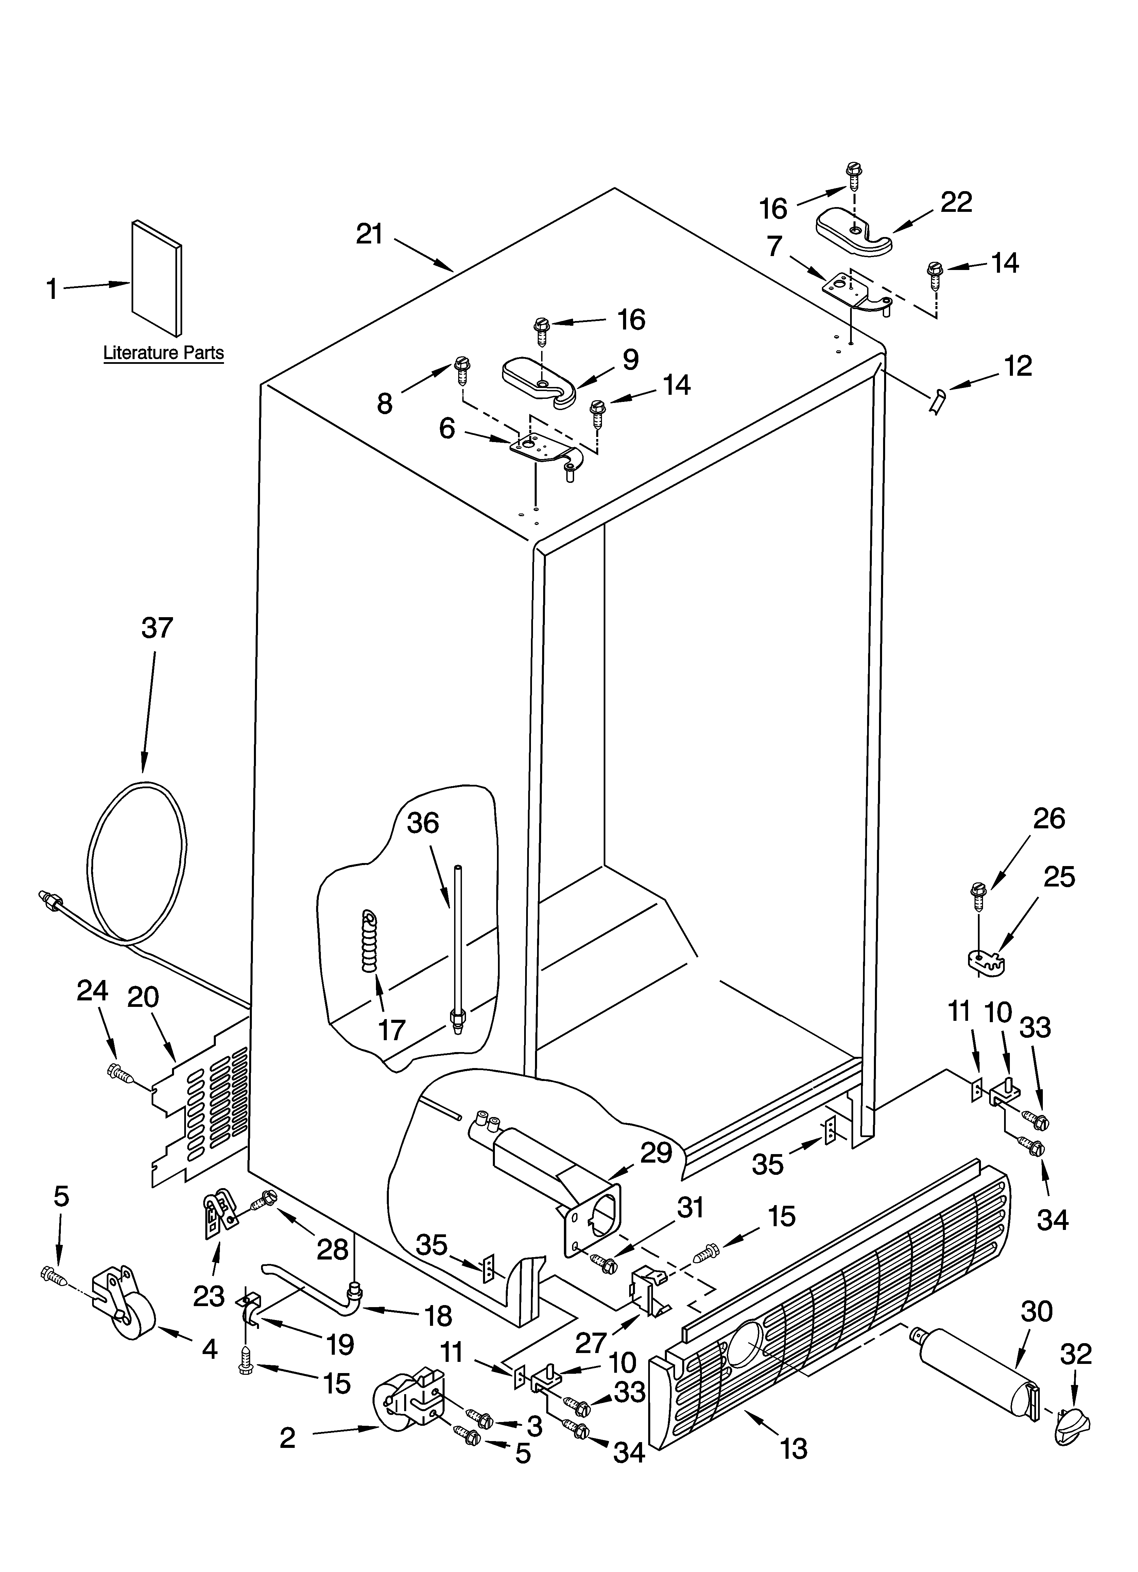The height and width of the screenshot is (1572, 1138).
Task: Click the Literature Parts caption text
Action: (x=163, y=353)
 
